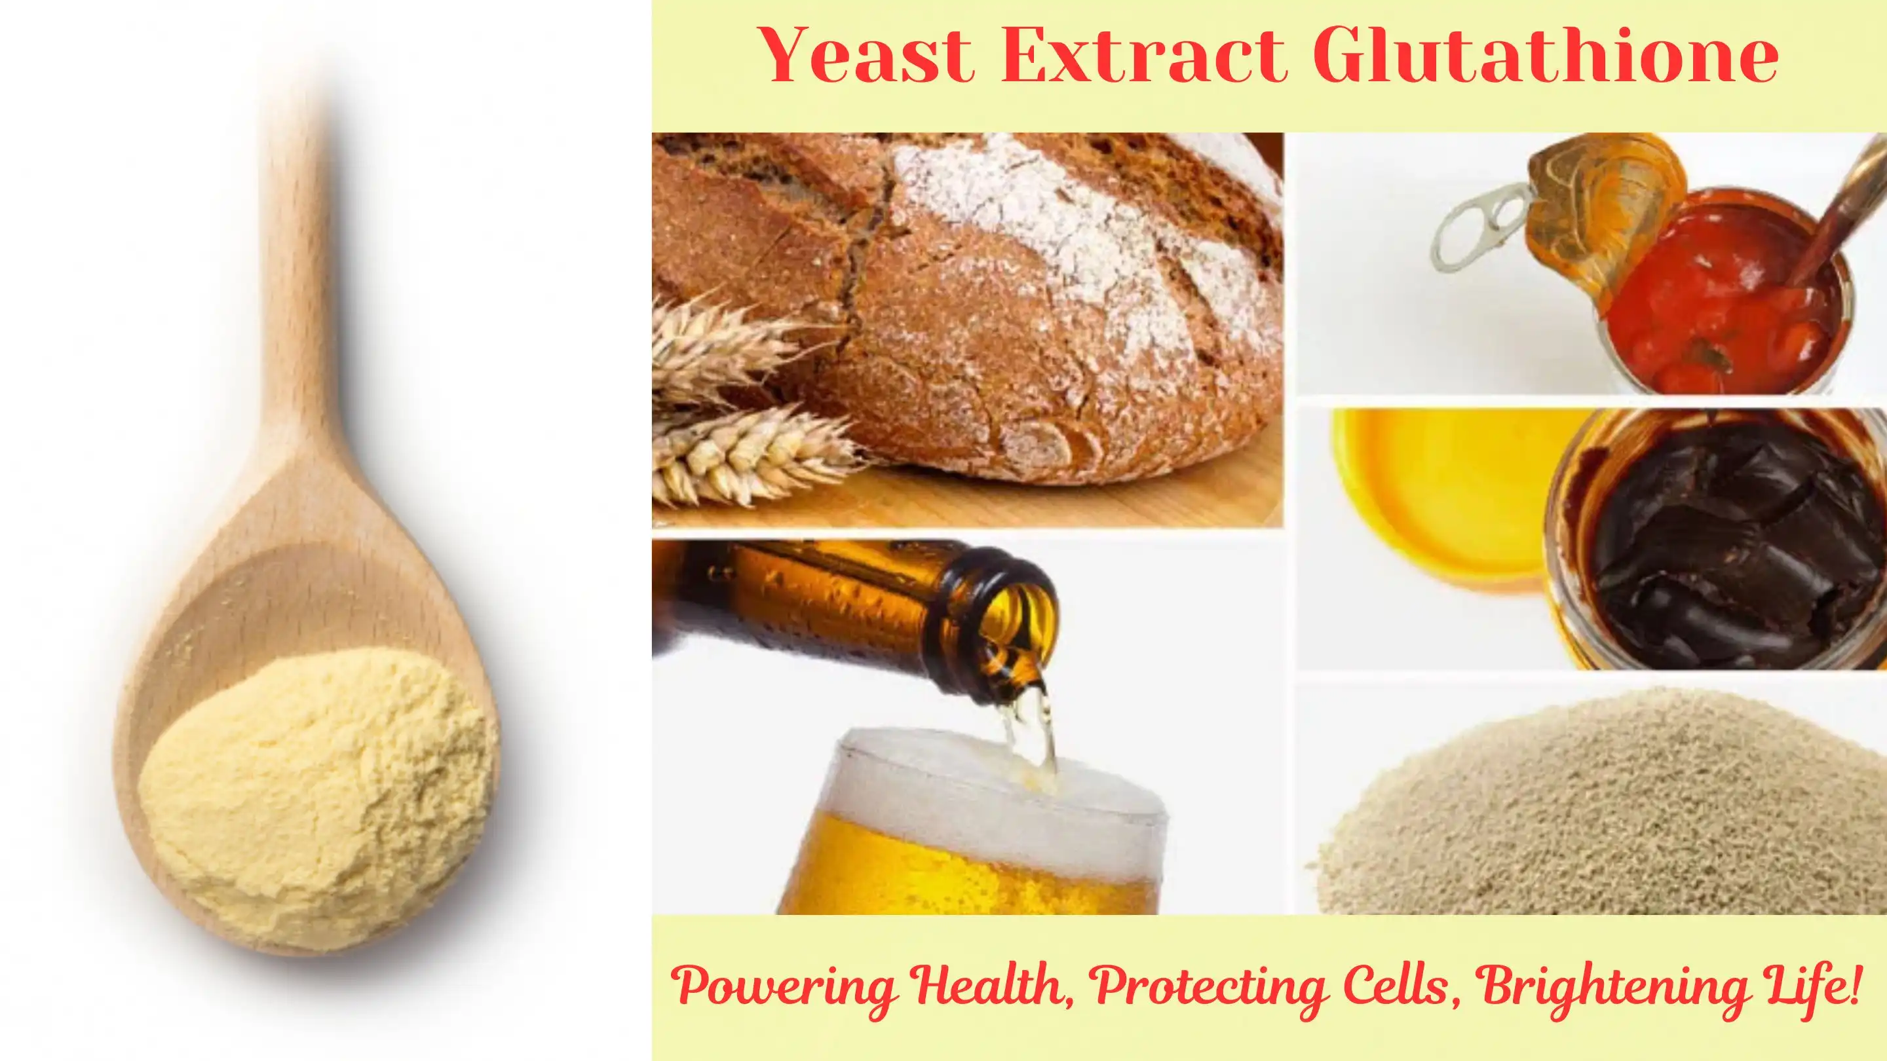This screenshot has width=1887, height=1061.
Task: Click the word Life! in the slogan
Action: coord(1820,985)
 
